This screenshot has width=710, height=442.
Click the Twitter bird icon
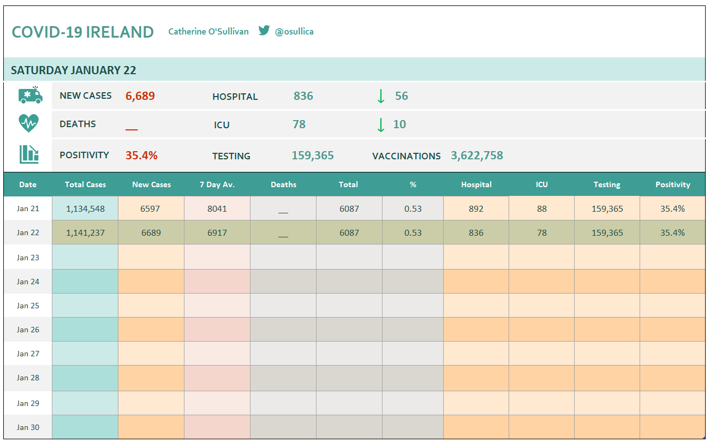pos(264,31)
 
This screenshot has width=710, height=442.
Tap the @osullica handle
pos(294,32)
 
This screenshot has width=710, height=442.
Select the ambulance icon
pos(31,95)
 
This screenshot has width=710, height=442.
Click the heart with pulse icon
pos(28,123)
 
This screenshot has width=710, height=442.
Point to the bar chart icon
pos(29,154)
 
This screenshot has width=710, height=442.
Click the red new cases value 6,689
pos(140,96)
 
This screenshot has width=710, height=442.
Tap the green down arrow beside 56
pos(381,96)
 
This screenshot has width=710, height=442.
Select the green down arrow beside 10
pos(381,124)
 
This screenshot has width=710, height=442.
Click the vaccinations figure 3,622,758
pos(477,156)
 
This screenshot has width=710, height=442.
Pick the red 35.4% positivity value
pos(141,156)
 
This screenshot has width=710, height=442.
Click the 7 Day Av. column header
pos(217,184)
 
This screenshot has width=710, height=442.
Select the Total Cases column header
pos(85,184)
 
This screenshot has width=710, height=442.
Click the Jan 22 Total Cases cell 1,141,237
pos(85,232)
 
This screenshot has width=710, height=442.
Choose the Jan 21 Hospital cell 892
pos(476,208)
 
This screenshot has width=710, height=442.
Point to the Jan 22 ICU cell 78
pos(542,232)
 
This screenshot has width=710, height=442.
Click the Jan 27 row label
pos(28,354)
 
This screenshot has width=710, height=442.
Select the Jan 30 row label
pos(28,427)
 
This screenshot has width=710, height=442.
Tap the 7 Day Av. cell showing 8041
pos(217,208)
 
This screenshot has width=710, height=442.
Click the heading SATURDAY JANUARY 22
pos(74,70)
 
